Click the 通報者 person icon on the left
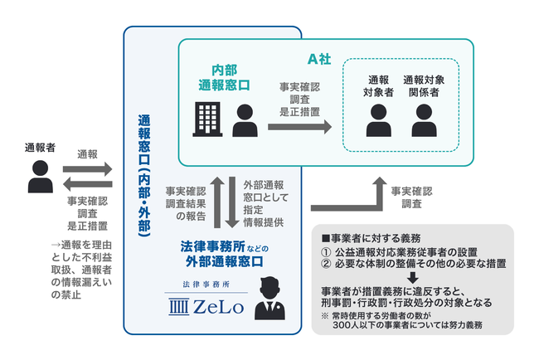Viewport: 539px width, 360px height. coord(38,176)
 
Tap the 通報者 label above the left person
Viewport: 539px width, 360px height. coord(39,148)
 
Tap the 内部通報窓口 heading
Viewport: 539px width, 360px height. coord(224,77)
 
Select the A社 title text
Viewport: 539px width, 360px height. coord(320,59)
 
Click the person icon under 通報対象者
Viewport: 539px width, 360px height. coord(380,120)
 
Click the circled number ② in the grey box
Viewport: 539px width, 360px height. coord(327,264)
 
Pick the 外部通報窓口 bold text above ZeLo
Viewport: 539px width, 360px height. coord(223,261)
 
